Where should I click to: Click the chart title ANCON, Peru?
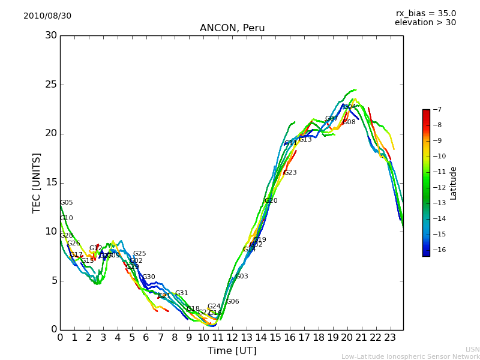click(232, 28)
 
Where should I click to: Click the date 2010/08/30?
click(47, 16)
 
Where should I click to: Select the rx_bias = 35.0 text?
click(425, 14)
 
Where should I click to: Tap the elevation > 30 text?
click(425, 23)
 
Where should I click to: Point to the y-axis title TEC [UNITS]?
click(37, 182)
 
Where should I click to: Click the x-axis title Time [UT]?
click(232, 351)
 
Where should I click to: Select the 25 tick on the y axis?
click(52, 85)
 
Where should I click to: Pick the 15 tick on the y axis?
click(52, 182)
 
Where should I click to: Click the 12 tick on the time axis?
click(232, 337)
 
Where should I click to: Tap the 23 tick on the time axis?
click(390, 337)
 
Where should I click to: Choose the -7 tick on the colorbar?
click(436, 110)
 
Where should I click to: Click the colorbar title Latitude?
click(454, 182)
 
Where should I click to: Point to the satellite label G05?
click(66, 203)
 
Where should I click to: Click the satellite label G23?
click(290, 173)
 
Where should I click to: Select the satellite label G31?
click(181, 293)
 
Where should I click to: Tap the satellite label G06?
click(232, 302)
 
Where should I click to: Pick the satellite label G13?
click(305, 140)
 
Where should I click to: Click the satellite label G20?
click(271, 201)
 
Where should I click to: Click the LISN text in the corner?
click(472, 349)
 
